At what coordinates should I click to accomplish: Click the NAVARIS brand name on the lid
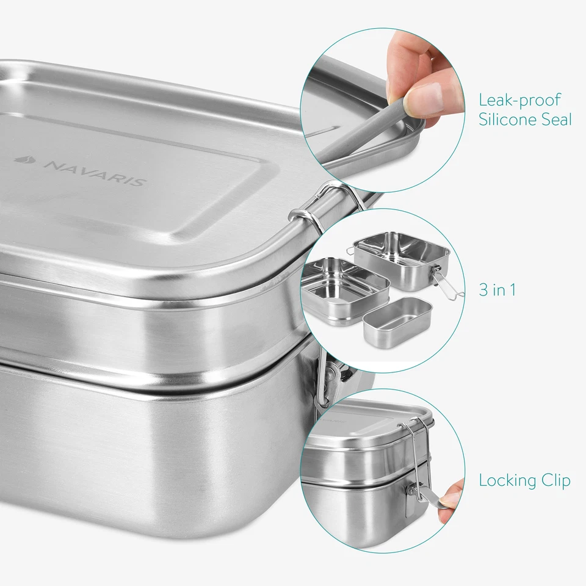pyautogui.click(x=95, y=173)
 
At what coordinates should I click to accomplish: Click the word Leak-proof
pyautogui.click(x=519, y=100)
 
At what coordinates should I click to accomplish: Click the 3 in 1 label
pyautogui.click(x=497, y=290)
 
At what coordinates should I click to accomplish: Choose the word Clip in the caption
pyautogui.click(x=555, y=481)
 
